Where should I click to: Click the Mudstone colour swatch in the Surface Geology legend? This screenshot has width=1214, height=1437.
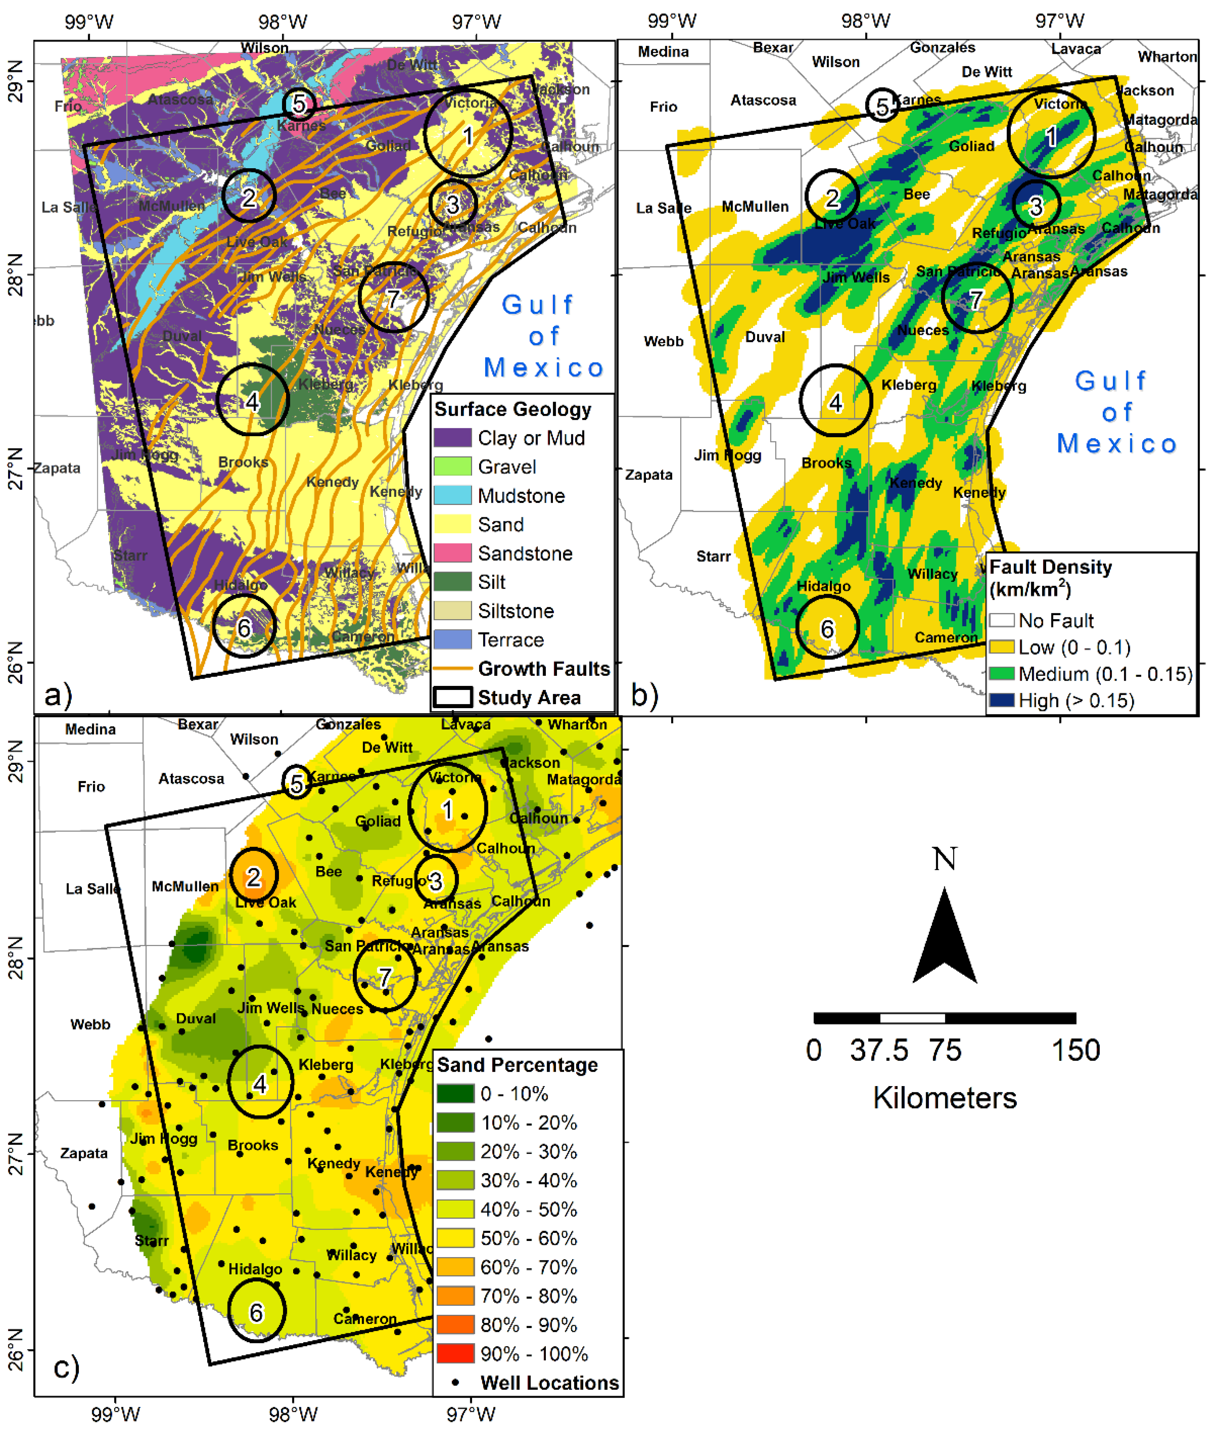[x=452, y=495]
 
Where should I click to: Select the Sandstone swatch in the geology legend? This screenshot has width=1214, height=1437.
[x=452, y=553]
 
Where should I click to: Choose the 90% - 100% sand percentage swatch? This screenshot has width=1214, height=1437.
[x=455, y=1354]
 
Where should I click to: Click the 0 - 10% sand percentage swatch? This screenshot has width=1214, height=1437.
[x=455, y=1093]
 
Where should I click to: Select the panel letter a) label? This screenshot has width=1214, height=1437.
[x=58, y=695]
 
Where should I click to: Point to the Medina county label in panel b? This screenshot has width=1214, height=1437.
[x=663, y=52]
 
